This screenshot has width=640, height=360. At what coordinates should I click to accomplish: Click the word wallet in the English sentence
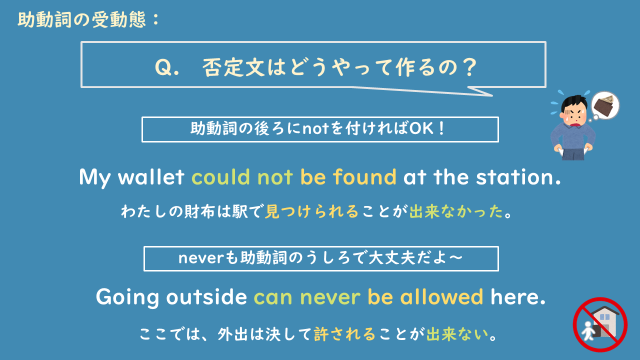[x=155, y=178]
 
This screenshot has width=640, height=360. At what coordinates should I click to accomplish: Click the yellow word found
[x=364, y=178]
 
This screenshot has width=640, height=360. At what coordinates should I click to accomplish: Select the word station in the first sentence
[x=513, y=178]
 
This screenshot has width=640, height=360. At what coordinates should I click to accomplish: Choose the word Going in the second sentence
[x=127, y=297]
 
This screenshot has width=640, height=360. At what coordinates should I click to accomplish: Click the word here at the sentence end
[x=519, y=297]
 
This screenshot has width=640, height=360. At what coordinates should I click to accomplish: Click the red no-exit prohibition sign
[x=597, y=322]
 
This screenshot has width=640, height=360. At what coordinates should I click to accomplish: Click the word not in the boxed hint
[x=303, y=130]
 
